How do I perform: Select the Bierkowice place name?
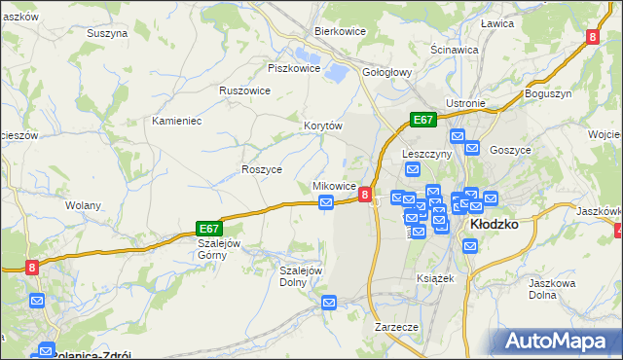tap(339, 31)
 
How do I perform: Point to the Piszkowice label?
tap(294, 68)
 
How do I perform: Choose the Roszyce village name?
tap(261, 168)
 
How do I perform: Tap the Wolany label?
tap(84, 205)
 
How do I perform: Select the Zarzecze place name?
tap(396, 327)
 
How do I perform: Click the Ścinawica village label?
tap(454, 49)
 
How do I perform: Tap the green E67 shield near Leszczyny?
tap(422, 120)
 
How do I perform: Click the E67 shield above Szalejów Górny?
tap(209, 228)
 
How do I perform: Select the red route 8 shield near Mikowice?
tap(364, 195)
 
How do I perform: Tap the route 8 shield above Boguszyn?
tap(592, 37)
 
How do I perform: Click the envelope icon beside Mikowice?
tap(328, 202)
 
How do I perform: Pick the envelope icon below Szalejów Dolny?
tap(329, 304)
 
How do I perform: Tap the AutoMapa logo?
tap(559, 342)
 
